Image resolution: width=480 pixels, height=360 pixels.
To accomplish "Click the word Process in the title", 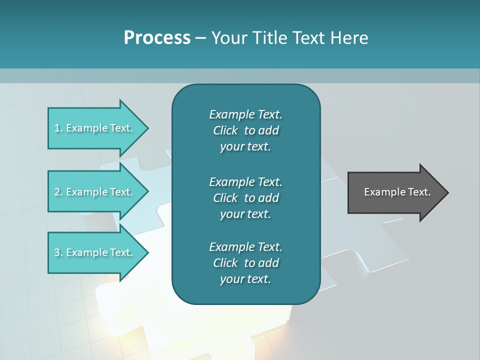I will (157, 38).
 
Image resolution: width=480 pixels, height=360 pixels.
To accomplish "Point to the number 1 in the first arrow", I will (57, 128).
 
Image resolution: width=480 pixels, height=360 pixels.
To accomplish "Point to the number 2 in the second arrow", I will (57, 192).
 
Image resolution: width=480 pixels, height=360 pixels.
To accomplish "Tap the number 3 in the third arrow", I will (57, 252).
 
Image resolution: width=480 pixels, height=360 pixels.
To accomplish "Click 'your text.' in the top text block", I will (245, 146).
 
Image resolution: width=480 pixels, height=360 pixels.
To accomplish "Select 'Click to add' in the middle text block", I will (245, 198).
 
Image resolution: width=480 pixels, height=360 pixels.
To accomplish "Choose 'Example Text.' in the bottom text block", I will (245, 247).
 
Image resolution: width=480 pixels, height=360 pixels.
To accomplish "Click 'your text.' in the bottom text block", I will (245, 279).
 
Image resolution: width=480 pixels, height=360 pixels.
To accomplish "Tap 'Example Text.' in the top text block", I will (245, 114).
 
